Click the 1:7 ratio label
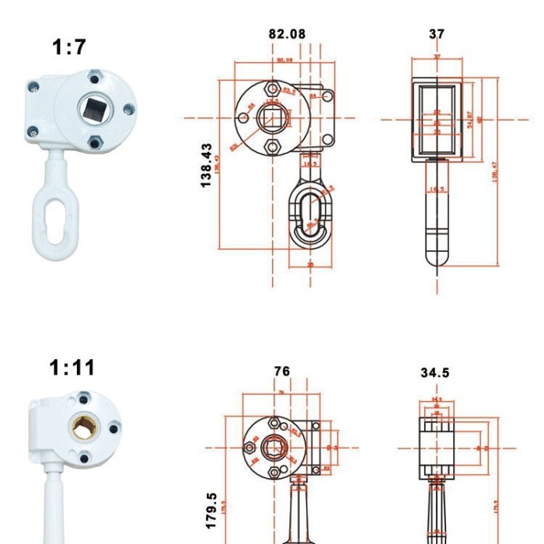69,47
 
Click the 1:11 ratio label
72,367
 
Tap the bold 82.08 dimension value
287,34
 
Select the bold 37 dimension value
437,34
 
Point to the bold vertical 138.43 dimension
206,164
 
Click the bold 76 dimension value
282,372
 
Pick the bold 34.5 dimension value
434,373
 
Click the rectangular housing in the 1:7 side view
437,118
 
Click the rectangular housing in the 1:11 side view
435,447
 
